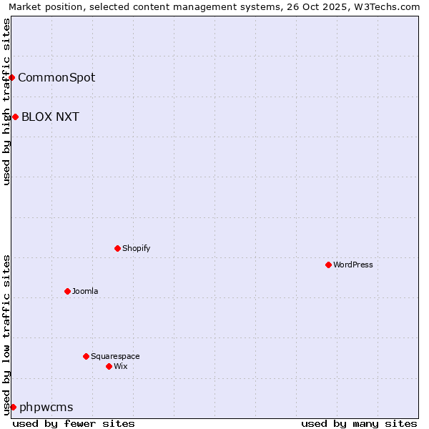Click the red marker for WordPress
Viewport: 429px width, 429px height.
[x=328, y=265]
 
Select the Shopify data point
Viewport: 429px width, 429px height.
[x=117, y=248]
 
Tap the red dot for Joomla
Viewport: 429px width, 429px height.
[x=67, y=291]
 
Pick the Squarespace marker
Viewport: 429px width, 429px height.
[x=86, y=356]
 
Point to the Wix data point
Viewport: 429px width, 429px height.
[x=109, y=366]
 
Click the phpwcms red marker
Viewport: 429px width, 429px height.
[x=13, y=407]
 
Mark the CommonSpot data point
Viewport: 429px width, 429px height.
[x=12, y=77]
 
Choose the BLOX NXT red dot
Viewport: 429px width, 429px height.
[x=15, y=117]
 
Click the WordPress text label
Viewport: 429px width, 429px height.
[x=353, y=265]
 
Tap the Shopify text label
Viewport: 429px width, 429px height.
[x=136, y=248]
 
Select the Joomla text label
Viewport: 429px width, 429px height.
[x=85, y=291]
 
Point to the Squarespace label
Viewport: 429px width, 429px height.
[x=115, y=356]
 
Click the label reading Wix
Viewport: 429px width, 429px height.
[x=120, y=366]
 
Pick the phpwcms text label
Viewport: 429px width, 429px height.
[x=46, y=407]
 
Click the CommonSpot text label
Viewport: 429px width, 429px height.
[x=56, y=77]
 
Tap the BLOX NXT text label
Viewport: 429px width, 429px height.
[x=50, y=117]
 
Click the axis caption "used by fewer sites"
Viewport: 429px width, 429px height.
[x=74, y=423]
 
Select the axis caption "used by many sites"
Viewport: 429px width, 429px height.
[x=359, y=423]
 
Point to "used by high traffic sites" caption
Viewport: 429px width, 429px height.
[x=6, y=102]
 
